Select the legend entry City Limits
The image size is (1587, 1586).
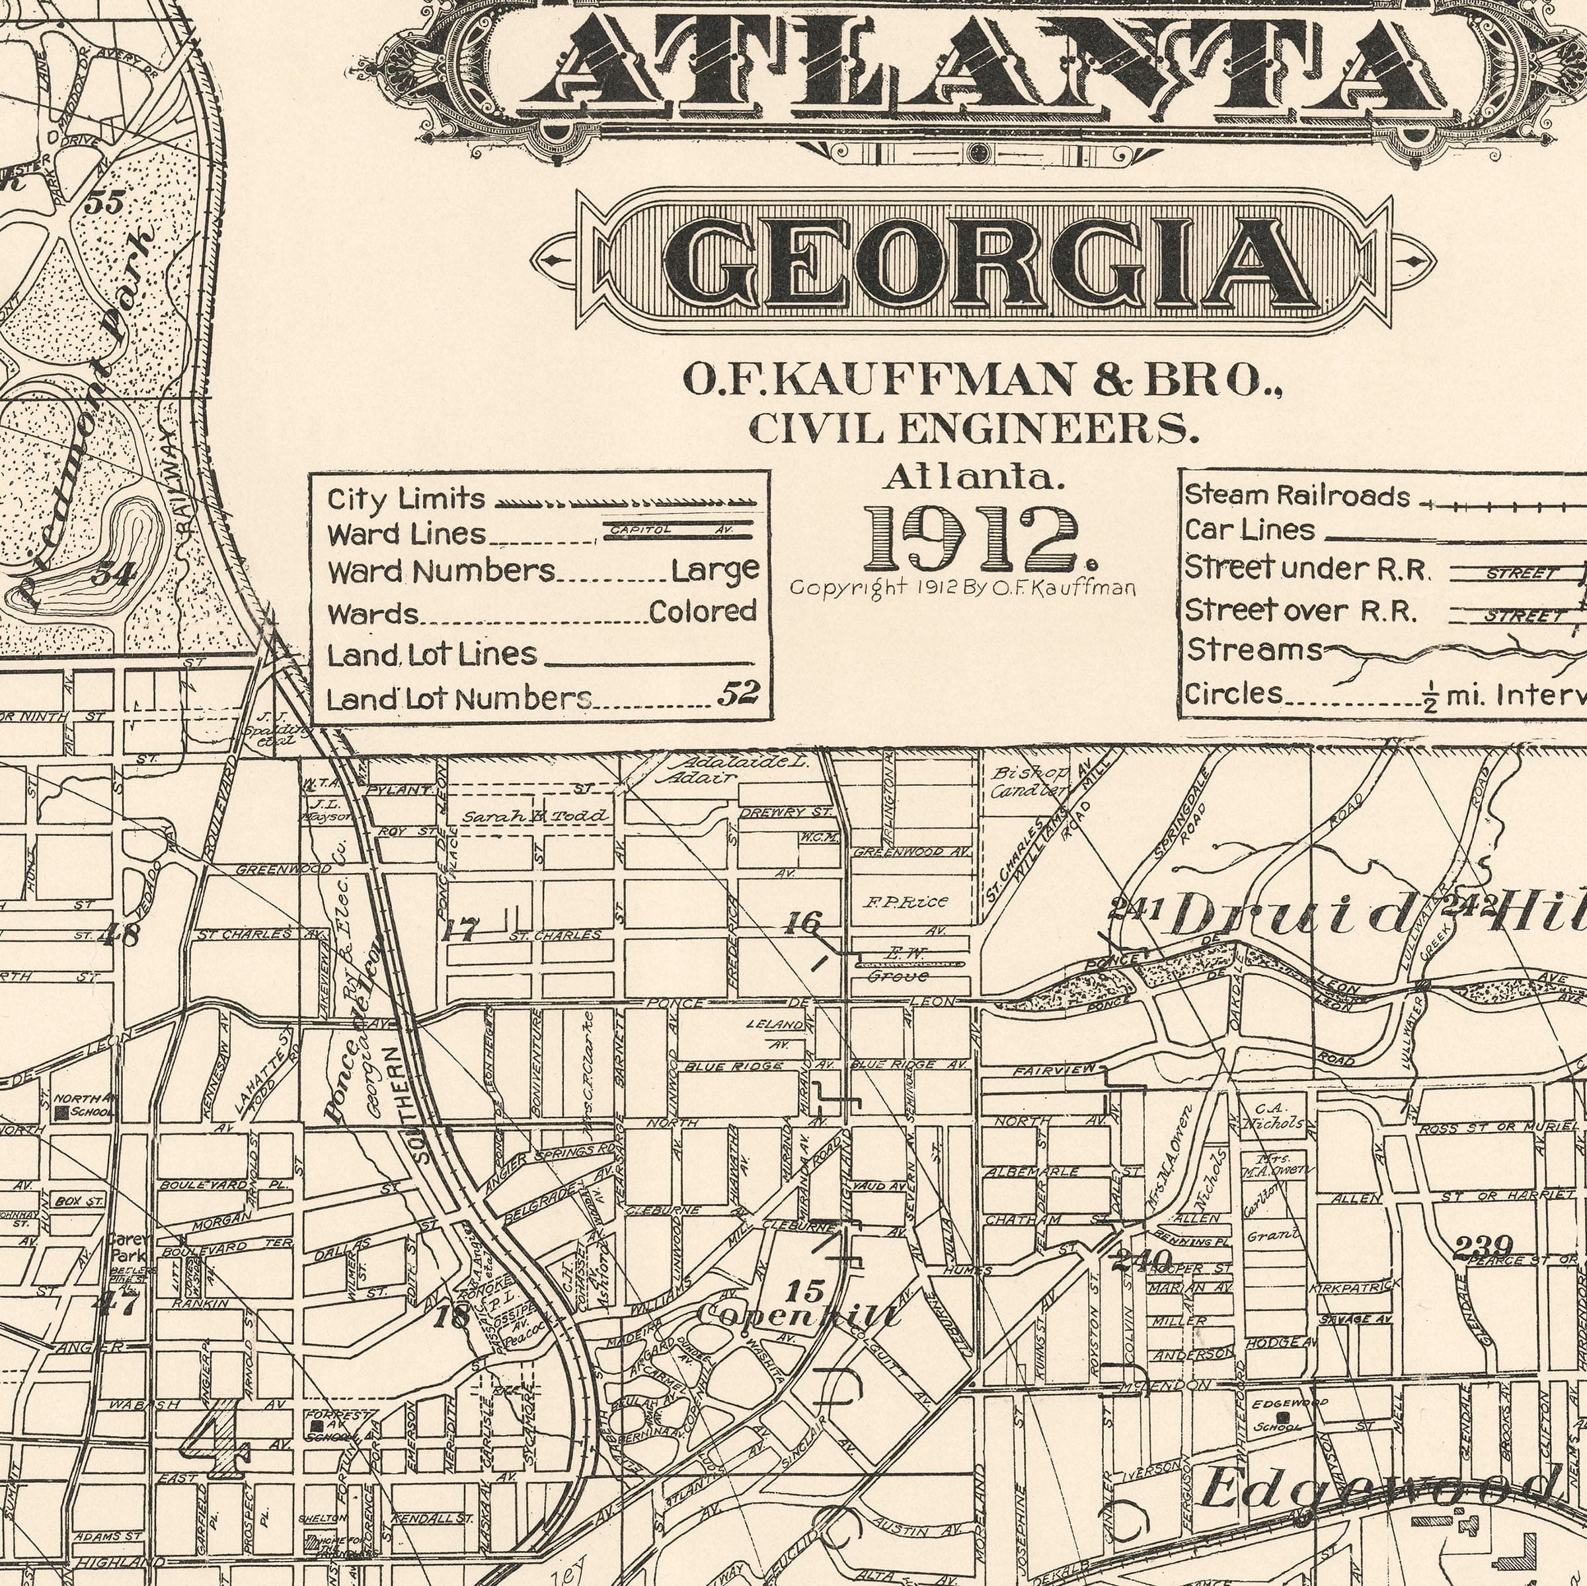406,498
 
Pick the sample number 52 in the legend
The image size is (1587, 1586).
736,694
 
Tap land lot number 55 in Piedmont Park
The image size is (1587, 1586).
104,202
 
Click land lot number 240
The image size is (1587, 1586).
1141,1258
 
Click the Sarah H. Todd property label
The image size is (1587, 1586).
535,816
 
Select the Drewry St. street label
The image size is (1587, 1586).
786,812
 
